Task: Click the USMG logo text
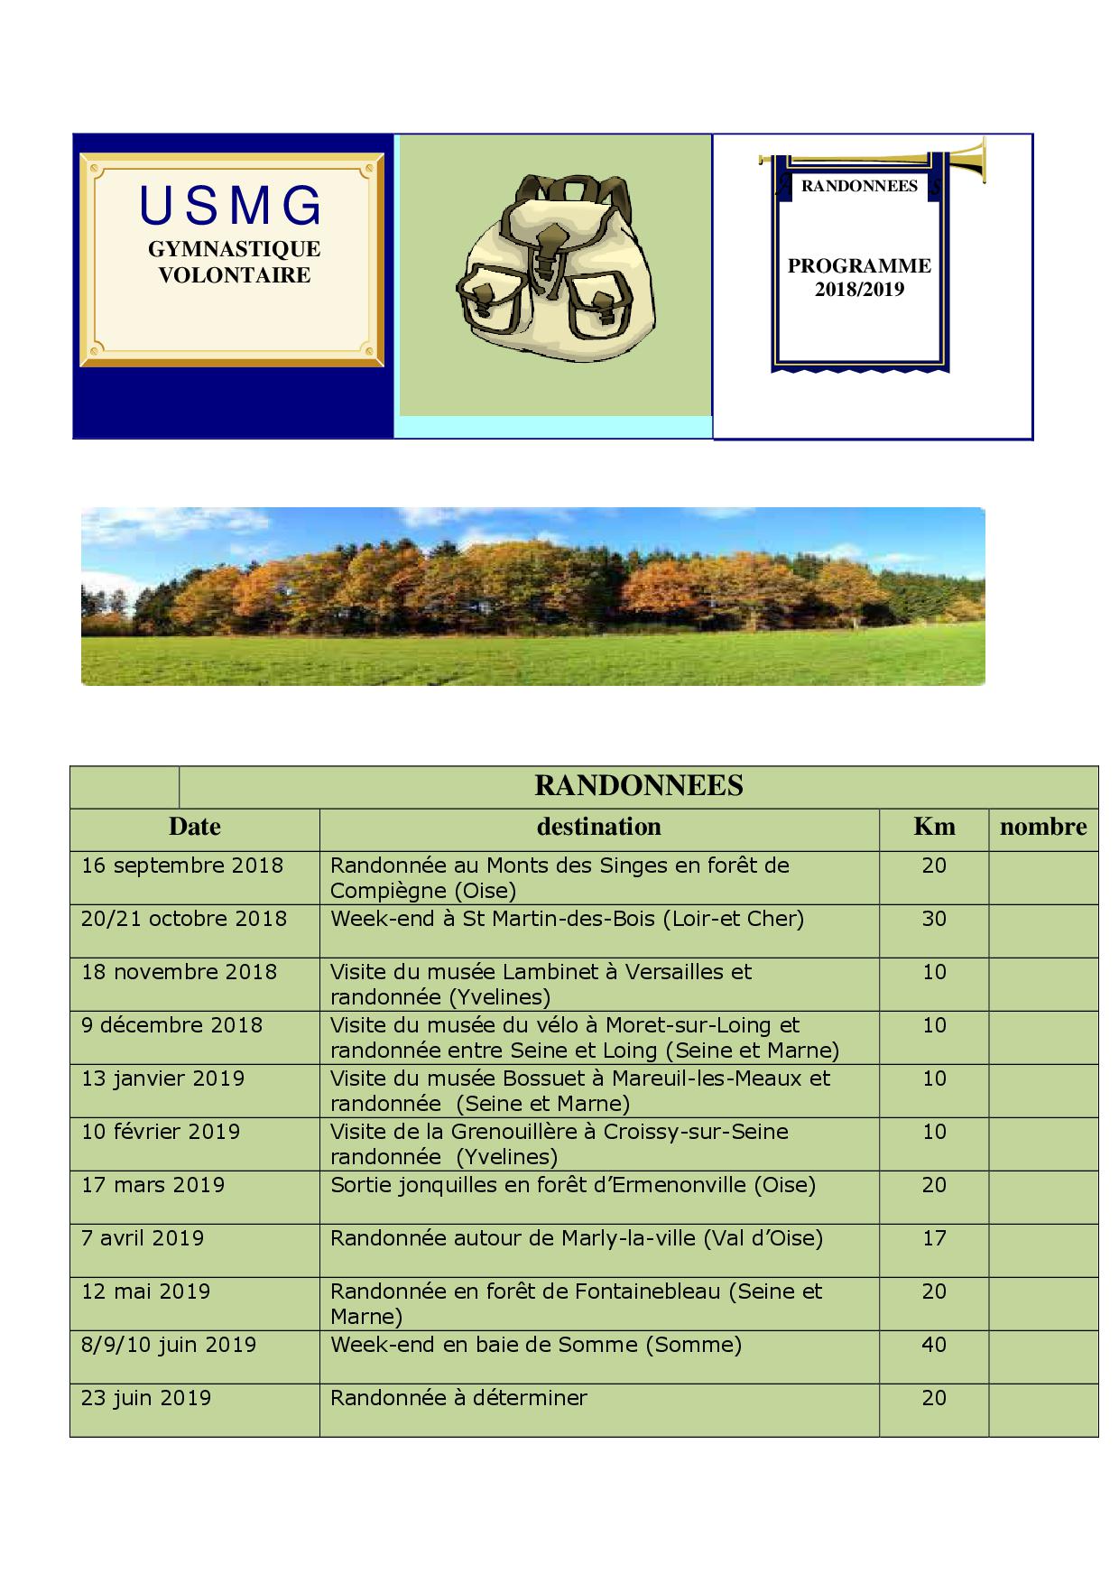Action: (231, 206)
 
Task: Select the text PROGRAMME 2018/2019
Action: (858, 277)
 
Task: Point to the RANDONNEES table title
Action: (638, 785)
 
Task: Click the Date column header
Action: (194, 827)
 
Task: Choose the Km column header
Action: (934, 827)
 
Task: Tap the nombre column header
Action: (1042, 827)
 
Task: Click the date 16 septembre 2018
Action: (182, 866)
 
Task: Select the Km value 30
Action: (934, 919)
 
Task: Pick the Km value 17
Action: (934, 1238)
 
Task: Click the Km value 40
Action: (934, 1345)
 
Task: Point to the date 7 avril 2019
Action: (143, 1238)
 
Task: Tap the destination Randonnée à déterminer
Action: (458, 1398)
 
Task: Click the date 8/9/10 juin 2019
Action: (169, 1345)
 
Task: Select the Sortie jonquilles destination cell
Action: (572, 1185)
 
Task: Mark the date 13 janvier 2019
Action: (162, 1078)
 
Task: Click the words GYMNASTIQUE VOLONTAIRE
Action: (234, 262)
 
